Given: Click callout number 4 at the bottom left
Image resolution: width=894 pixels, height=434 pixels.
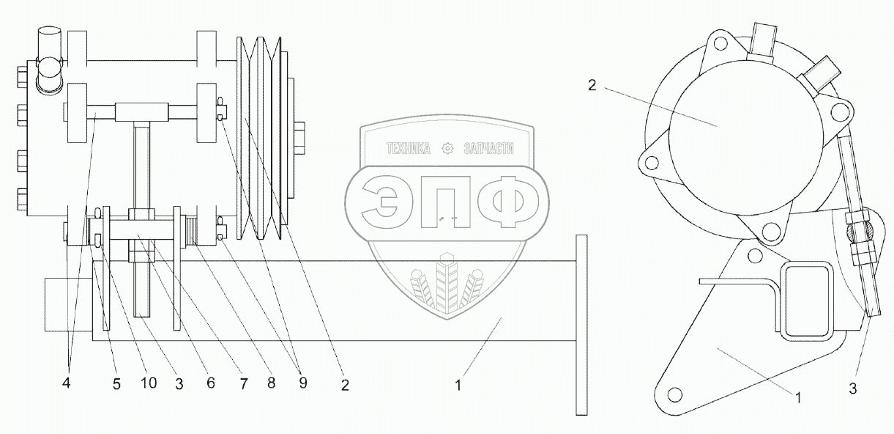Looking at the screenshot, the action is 66,383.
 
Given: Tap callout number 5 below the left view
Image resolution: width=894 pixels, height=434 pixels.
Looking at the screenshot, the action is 116,384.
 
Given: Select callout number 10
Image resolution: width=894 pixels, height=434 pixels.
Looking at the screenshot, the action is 149,383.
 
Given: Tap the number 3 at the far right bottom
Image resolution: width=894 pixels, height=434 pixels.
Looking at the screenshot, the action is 852,388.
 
